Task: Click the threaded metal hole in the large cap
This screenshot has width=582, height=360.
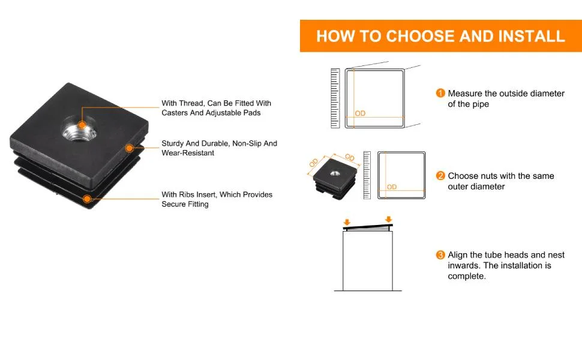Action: [x=79, y=128]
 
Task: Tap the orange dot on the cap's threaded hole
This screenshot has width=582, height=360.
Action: [x=82, y=125]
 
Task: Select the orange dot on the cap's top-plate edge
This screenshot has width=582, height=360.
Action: [x=129, y=148]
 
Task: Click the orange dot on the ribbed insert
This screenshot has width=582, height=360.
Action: [x=87, y=199]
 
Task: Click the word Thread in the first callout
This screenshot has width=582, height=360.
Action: [x=191, y=103]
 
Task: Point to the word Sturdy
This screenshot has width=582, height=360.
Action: [x=173, y=143]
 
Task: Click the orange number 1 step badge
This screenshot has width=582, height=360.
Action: [x=440, y=93]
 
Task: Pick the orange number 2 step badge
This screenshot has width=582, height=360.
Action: [x=440, y=175]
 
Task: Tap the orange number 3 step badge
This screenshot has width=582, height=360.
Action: [x=440, y=254]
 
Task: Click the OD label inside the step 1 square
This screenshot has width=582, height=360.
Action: [x=360, y=113]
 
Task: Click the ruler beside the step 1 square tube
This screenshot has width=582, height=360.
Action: [x=335, y=98]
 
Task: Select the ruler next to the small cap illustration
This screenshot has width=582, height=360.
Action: [x=367, y=175]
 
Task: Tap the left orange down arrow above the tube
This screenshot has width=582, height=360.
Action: [x=347, y=222]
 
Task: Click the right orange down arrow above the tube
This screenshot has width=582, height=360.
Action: [x=388, y=219]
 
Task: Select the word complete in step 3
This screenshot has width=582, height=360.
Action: [x=467, y=276]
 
